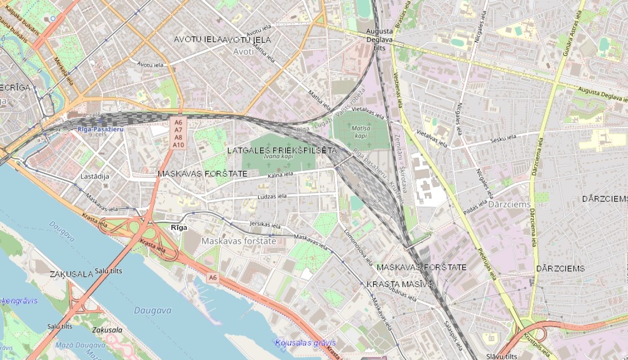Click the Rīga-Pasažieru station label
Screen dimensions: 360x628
coord(100,129)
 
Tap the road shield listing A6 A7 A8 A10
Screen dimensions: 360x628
coord(178,134)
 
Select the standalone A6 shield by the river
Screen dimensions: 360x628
coord(213,278)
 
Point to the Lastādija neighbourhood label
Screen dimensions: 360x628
coord(95,176)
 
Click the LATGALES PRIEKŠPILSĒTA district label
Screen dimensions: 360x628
coord(282,150)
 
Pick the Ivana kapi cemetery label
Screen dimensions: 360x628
coord(278,157)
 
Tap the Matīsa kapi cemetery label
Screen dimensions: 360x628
coord(361,132)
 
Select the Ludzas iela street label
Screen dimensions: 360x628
coord(272,197)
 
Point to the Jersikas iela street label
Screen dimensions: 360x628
coord(265,225)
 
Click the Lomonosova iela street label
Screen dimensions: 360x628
coord(358,247)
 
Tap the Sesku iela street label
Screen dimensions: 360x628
coord(503,139)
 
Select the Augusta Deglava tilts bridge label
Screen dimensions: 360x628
coord(379,39)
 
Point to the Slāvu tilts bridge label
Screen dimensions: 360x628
coord(502,356)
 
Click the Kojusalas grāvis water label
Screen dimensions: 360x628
coord(306,343)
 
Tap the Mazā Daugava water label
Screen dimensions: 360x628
coord(80,345)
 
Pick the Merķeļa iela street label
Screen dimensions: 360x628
coord(64,72)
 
